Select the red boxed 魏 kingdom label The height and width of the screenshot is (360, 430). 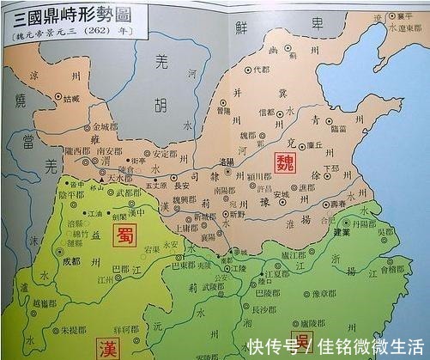point(284,160)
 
